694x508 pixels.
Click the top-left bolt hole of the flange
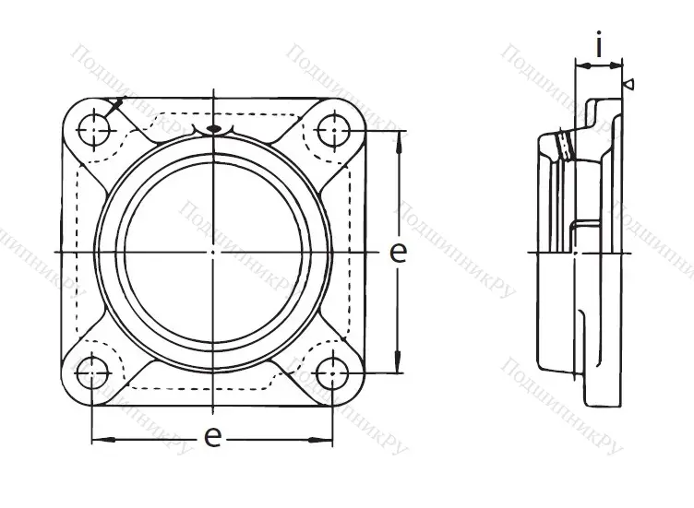tap(93, 130)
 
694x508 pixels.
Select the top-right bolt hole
tap(333, 130)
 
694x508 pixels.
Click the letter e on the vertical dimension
tap(398, 253)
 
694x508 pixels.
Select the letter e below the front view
tap(213, 437)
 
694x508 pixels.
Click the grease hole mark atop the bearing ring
tap(213, 130)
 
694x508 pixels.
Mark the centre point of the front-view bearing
tap(213, 252)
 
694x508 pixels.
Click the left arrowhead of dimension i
tap(580, 65)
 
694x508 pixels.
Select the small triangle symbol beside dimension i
tap(628, 85)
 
